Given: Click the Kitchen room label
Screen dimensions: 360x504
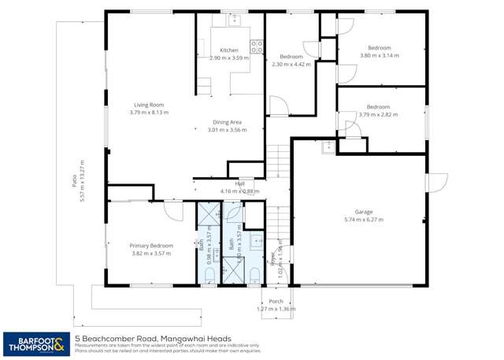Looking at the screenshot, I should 228,50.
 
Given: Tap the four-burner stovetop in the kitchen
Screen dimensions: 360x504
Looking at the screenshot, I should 255,46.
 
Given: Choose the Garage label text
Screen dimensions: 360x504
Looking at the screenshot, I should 363,211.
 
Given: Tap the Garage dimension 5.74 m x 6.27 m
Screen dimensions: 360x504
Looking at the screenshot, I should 363,220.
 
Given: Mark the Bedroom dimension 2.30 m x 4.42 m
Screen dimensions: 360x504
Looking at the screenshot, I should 291,65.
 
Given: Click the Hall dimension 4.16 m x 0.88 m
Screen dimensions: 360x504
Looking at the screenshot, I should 228,191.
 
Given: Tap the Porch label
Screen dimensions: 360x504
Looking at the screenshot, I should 276,301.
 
